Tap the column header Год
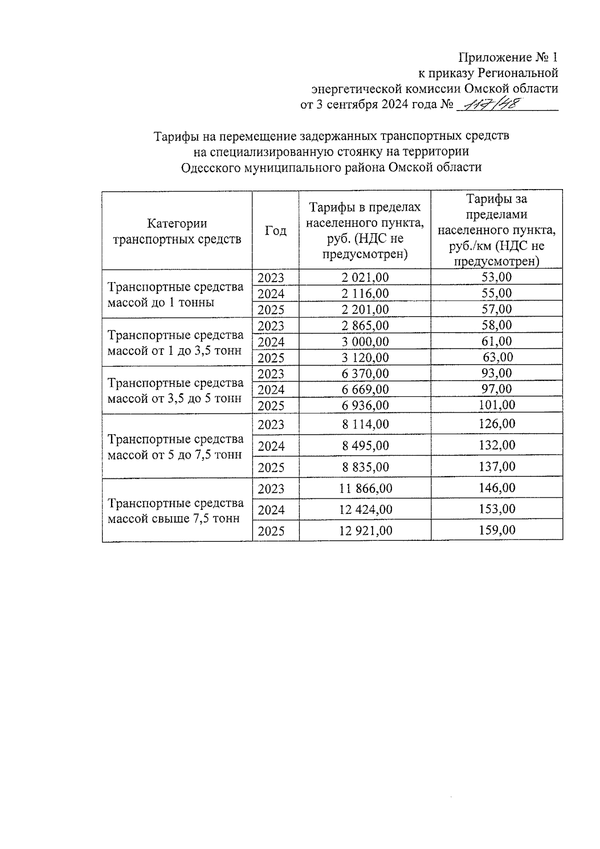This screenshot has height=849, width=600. (x=275, y=231)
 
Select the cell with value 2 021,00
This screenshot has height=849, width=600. (x=365, y=278)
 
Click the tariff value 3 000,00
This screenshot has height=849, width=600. (x=365, y=342)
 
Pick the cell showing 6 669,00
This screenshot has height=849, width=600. (x=365, y=390)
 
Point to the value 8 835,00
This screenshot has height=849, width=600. (x=365, y=467)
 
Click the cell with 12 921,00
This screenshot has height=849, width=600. (x=365, y=531)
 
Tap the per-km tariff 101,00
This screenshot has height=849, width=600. (x=496, y=405)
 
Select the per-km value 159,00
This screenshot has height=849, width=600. (x=496, y=530)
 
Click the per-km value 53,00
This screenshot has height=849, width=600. (x=496, y=277)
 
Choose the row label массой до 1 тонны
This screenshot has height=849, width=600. (x=161, y=303)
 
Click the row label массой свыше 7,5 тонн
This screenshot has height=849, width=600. (x=173, y=519)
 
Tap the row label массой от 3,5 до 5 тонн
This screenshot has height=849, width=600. (x=174, y=399)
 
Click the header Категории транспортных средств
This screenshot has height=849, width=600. (x=177, y=231)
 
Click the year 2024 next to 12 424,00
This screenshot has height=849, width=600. (x=271, y=510)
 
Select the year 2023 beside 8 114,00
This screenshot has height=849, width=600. (x=271, y=425)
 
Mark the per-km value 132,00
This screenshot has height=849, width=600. (x=496, y=445)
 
